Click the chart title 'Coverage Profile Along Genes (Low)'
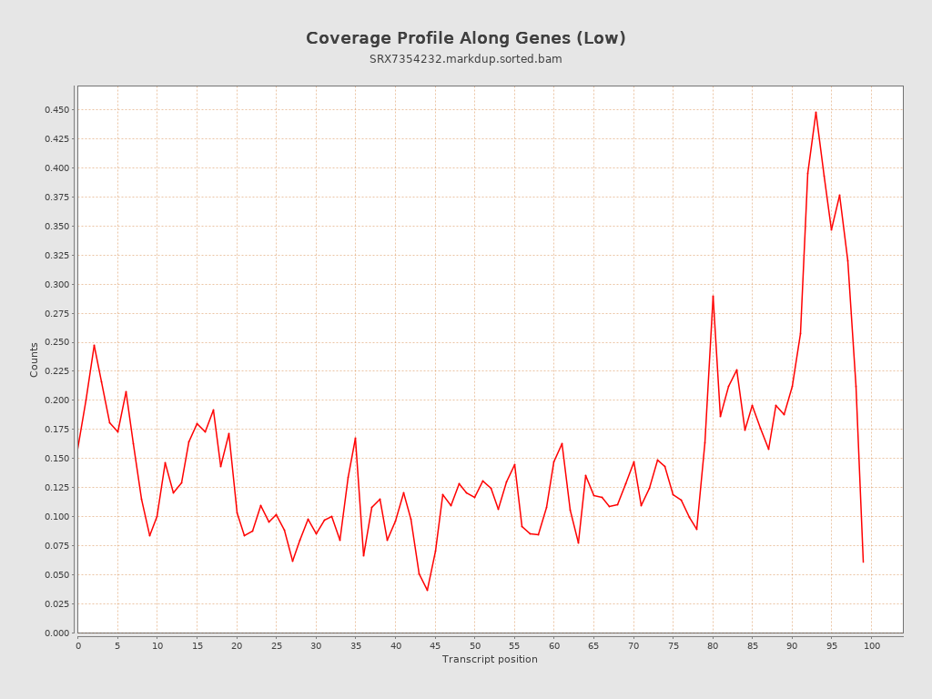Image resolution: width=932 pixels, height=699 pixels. (465, 38)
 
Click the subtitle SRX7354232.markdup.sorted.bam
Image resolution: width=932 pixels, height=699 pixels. (465, 59)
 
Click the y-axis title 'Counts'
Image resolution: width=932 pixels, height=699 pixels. (35, 360)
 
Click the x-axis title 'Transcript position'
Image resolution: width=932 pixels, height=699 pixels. (490, 659)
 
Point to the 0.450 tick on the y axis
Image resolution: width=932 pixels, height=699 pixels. (56, 110)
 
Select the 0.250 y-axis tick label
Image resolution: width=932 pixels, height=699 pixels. (56, 342)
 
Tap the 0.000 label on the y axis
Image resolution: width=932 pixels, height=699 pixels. (56, 633)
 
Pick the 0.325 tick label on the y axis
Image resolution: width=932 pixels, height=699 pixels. (56, 255)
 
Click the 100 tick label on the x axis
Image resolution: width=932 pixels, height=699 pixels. (872, 645)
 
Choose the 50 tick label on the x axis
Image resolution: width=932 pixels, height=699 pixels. (475, 645)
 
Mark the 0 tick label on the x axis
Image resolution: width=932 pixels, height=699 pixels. (78, 645)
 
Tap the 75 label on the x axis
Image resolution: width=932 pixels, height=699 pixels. (674, 645)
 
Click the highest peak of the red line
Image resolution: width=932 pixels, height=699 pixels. (815, 112)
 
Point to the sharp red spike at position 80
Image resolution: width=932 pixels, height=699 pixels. (713, 296)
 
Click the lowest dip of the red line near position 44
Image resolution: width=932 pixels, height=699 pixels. (427, 591)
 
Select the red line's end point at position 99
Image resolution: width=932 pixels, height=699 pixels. (863, 562)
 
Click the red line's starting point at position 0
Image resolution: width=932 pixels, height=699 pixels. (78, 448)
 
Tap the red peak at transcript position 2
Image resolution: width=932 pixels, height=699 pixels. (94, 345)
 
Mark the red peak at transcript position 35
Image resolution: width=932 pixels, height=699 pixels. (355, 438)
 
